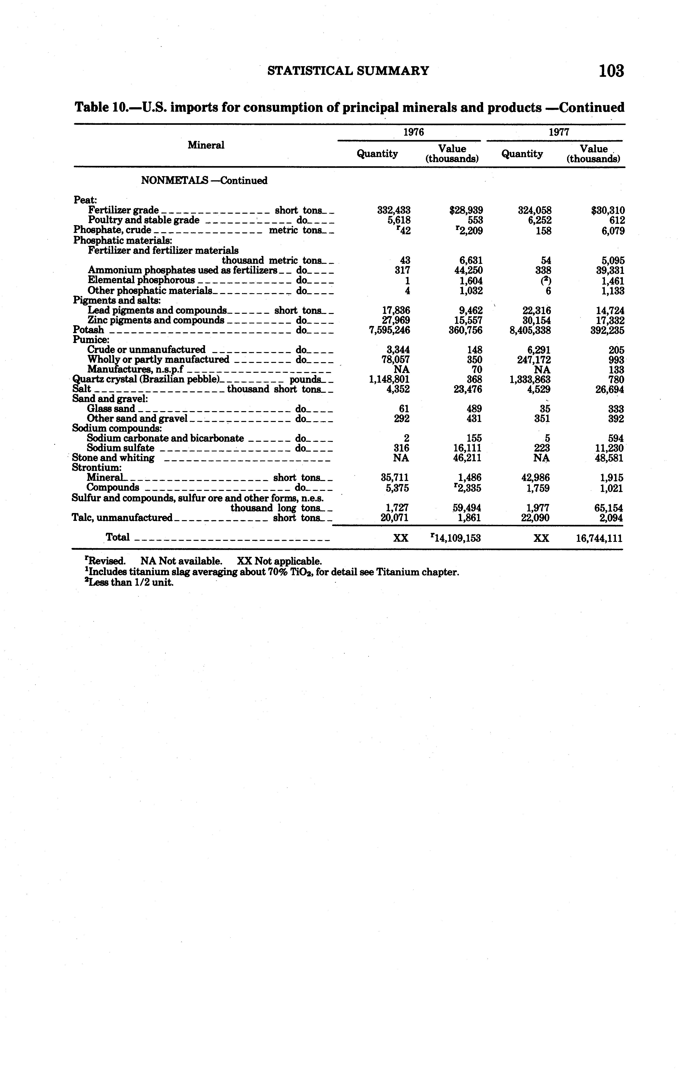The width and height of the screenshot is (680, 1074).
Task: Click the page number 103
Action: pyautogui.click(x=611, y=71)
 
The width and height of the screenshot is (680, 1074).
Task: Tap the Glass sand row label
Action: pyautogui.click(x=111, y=409)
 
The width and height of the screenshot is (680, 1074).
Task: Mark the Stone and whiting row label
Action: pyautogui.click(x=113, y=458)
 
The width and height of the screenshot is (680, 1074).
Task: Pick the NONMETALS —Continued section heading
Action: pyautogui.click(x=204, y=181)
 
